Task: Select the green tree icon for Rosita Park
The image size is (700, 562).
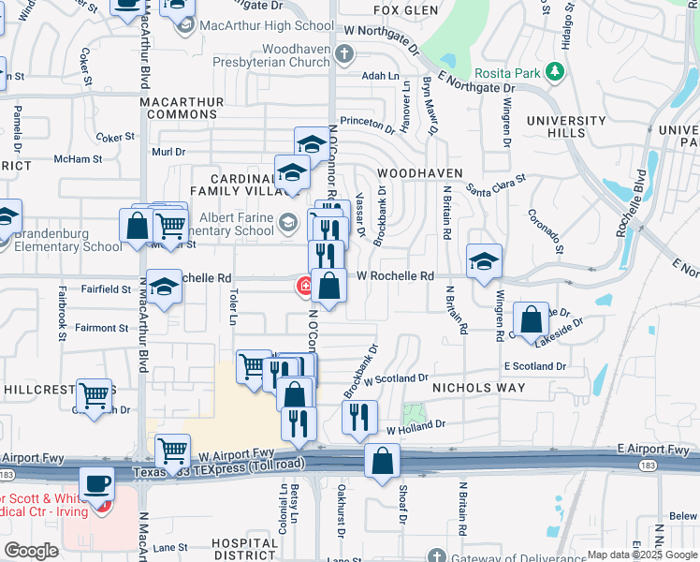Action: (x=555, y=71)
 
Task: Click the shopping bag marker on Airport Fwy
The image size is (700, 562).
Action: (x=382, y=461)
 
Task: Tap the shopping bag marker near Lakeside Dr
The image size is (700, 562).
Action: (x=531, y=319)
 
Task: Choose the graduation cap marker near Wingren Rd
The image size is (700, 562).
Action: (x=484, y=261)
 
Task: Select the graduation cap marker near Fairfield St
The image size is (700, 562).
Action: (x=165, y=287)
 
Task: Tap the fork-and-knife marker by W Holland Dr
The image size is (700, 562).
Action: (x=359, y=418)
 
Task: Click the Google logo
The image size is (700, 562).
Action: (x=31, y=551)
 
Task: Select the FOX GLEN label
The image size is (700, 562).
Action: (x=406, y=10)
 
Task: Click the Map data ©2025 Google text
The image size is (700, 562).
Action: (x=642, y=555)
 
